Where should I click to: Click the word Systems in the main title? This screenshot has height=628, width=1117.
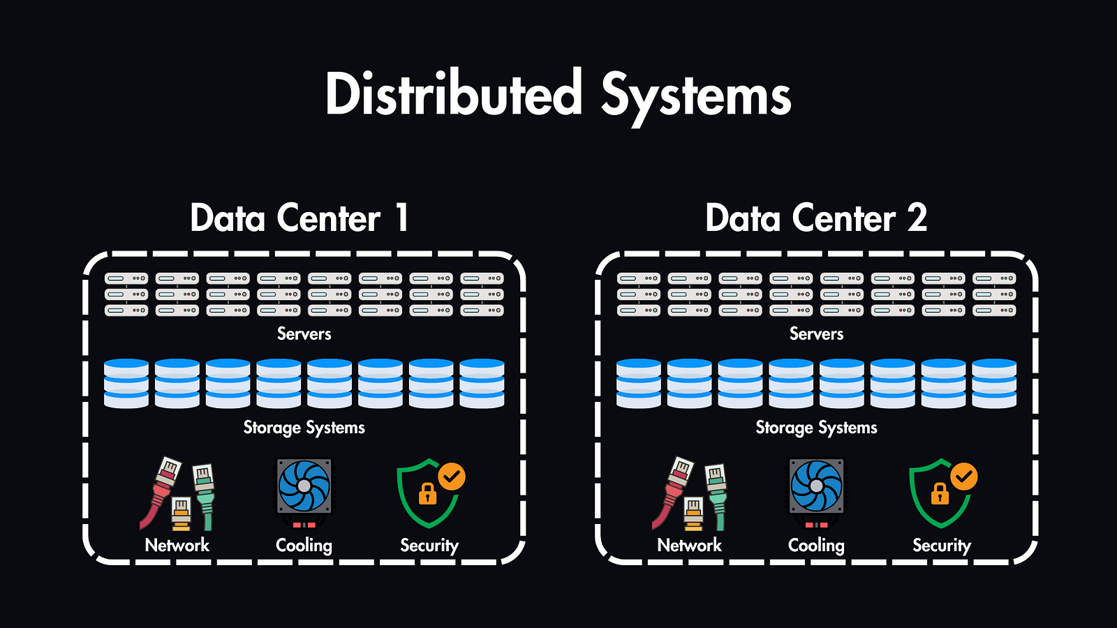coord(695,96)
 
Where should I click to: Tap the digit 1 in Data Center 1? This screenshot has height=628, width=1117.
coord(401,218)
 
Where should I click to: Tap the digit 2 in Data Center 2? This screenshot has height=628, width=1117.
coord(917,218)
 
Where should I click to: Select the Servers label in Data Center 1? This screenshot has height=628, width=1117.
coord(304,334)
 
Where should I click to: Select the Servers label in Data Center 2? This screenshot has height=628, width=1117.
coord(816,334)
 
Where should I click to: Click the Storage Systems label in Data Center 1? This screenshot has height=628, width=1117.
coord(304,428)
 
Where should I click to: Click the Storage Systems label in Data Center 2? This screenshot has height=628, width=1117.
coord(816,428)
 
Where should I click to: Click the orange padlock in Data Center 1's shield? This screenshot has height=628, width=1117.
coord(427,494)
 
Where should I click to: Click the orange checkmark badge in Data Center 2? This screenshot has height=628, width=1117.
coord(964,477)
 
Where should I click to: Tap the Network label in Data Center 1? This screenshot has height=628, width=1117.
coord(177,546)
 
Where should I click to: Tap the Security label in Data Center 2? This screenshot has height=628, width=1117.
coord(942,546)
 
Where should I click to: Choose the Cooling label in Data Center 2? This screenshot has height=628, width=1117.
coord(816,546)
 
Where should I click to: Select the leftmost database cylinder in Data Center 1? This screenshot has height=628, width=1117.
coord(126,384)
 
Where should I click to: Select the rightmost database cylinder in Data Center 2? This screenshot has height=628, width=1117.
coord(994,384)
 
